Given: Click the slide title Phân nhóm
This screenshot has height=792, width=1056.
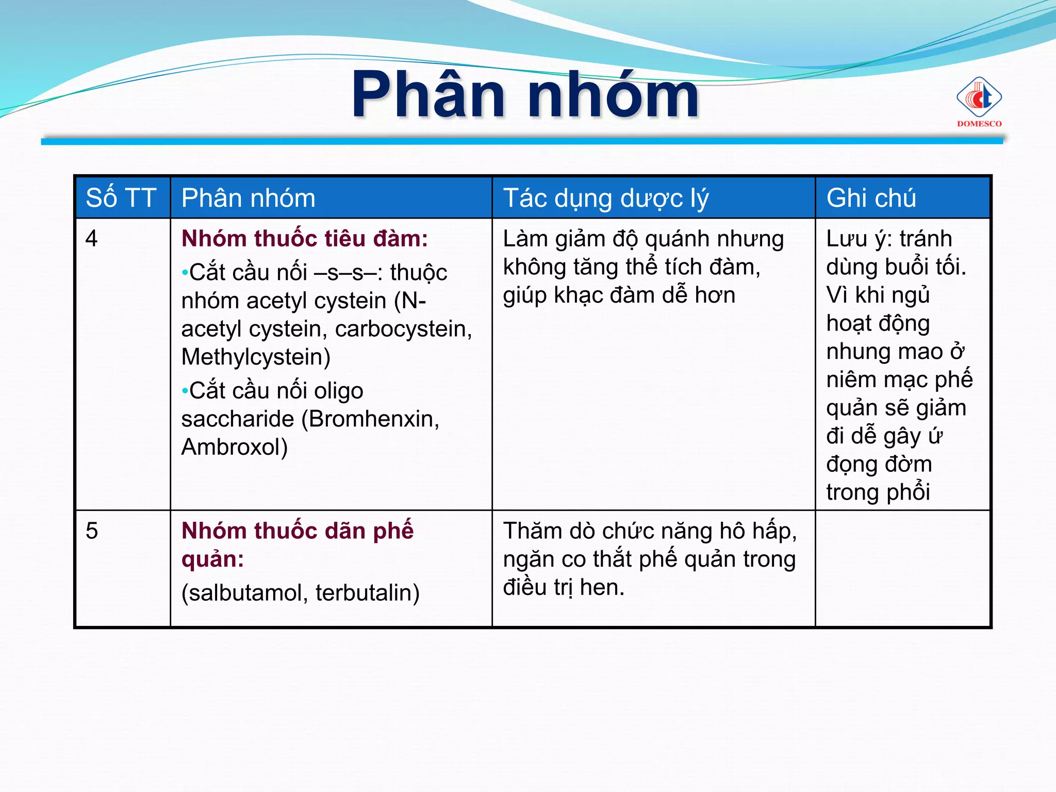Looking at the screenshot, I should click(x=525, y=95).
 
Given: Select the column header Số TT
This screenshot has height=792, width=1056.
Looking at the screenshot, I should click(x=121, y=198).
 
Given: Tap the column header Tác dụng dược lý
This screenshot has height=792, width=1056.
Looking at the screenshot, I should click(x=606, y=199).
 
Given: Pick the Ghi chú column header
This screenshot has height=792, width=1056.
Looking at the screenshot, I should click(x=871, y=198).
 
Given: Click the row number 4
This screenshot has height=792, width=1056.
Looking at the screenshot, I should click(x=92, y=239).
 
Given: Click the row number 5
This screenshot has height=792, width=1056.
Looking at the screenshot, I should click(x=92, y=531).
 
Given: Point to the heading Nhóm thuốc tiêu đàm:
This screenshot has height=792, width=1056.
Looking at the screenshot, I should click(x=304, y=239).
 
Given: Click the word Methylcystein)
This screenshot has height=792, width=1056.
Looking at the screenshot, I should click(x=256, y=357).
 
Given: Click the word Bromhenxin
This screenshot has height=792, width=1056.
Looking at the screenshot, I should click(x=370, y=419).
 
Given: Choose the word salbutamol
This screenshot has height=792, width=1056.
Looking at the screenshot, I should click(x=244, y=593).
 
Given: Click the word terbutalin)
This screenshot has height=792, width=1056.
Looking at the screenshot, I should click(x=367, y=593).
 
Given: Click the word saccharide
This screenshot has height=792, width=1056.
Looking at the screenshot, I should click(x=237, y=419).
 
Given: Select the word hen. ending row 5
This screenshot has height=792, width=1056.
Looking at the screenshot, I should click(x=602, y=587).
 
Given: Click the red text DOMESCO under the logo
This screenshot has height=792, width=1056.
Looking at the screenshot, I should click(x=979, y=124).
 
